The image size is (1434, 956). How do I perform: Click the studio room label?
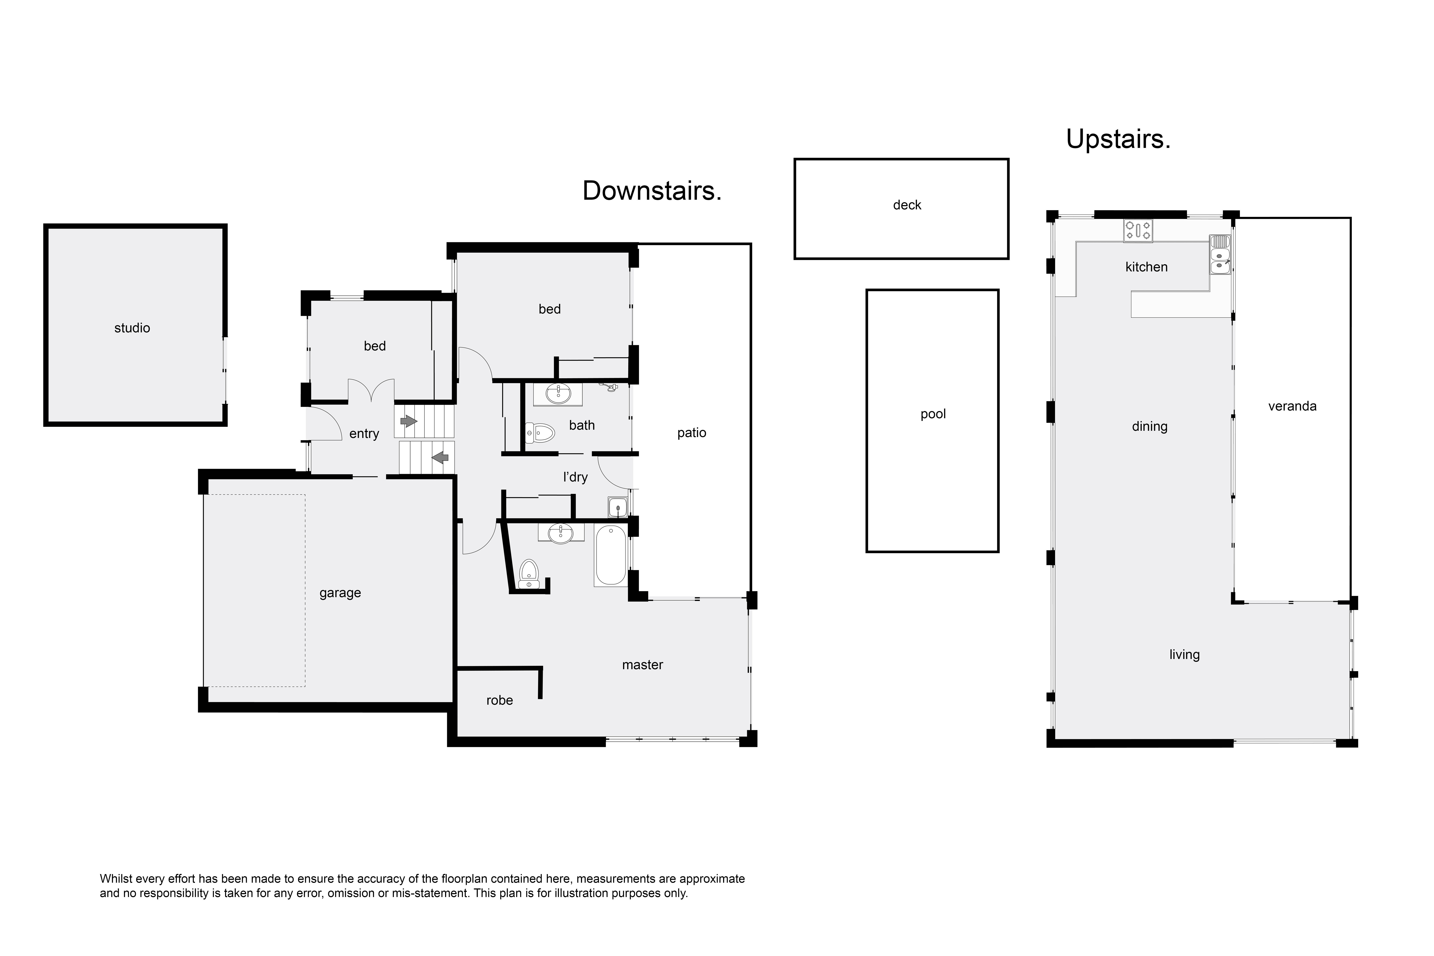pos(132,328)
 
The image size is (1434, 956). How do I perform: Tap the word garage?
pos(340,593)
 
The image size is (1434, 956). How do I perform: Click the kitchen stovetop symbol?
pos(1138,231)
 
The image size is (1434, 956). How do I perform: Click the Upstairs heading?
pos(1118,140)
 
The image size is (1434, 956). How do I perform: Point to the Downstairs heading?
pos(652,191)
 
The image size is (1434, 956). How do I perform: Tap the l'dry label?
pos(575,477)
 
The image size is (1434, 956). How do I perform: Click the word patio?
pos(691,433)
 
